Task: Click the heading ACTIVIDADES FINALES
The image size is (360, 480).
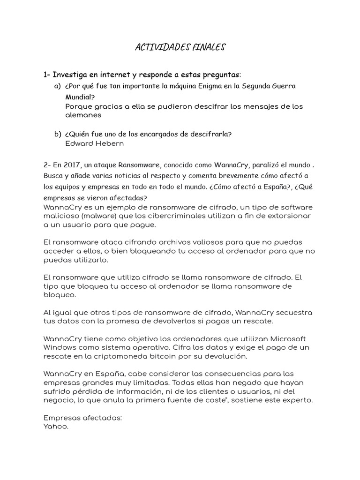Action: (x=180, y=47)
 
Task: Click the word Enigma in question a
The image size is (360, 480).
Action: (x=213, y=86)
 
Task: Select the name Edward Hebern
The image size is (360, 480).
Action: (x=95, y=143)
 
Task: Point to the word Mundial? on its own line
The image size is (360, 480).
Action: (x=80, y=97)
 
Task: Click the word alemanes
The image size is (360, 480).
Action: (x=83, y=115)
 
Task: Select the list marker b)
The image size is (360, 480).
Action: (x=58, y=134)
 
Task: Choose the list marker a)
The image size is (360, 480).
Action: (x=58, y=86)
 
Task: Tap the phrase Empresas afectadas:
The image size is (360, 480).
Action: (x=82, y=418)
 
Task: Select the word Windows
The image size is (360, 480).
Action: (x=60, y=347)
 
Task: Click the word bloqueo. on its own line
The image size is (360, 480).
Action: (x=59, y=295)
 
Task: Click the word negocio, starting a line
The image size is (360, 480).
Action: (x=58, y=400)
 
